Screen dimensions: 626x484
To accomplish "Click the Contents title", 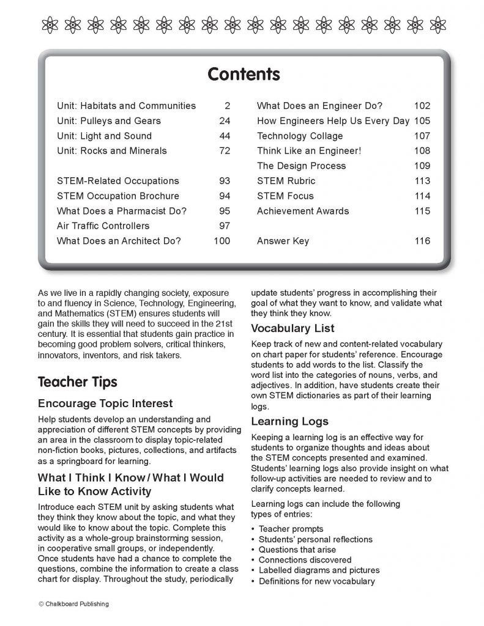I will pos(244,75).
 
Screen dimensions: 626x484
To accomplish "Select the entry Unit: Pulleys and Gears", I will pos(109,121).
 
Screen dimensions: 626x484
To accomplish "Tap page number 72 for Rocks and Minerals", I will pos(225,151).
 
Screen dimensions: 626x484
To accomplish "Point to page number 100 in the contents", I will pos(222,241).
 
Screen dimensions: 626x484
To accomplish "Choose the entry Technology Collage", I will pos(300,136).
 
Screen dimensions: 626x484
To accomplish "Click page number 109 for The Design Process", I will pos(422,166).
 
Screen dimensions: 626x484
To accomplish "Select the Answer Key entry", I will pos(283,241).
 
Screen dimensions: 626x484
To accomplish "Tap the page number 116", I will pos(422,241).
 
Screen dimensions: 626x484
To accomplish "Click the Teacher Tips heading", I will pos(77,383).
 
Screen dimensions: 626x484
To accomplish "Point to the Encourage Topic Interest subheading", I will pos(105,403).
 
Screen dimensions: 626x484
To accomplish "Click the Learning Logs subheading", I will pos(289,421).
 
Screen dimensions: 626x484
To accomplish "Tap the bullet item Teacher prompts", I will pos(291,529).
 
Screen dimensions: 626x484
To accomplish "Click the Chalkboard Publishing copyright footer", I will pos(73,604).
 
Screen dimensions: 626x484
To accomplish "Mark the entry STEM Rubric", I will pos(286,181).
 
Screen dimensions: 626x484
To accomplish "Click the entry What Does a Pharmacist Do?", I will pos(122,211).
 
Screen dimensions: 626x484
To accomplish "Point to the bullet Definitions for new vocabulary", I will pos(316,581).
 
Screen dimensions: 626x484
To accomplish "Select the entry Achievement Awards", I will pos(303,211).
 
